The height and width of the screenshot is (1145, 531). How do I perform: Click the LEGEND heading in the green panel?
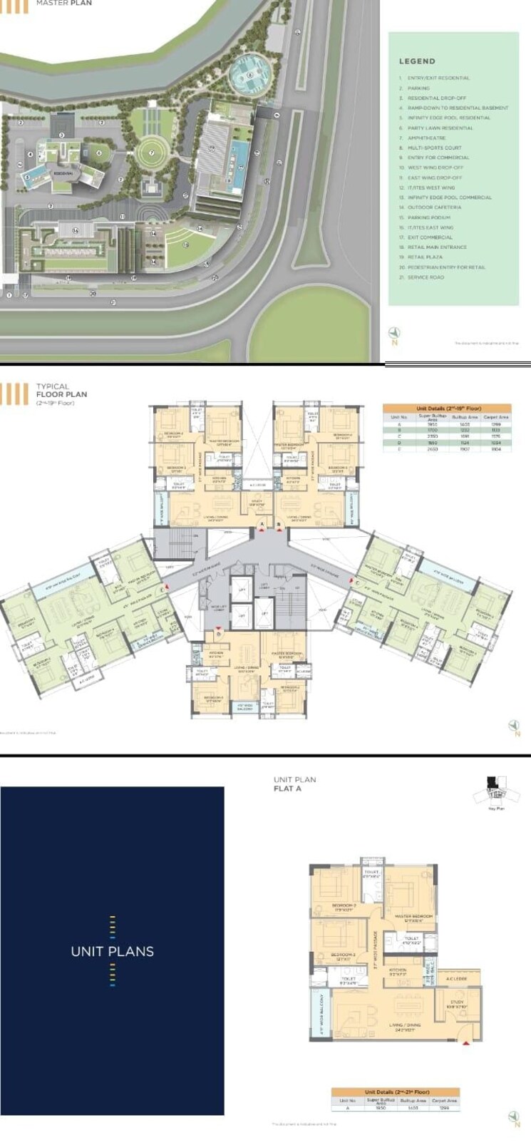[x=417, y=61]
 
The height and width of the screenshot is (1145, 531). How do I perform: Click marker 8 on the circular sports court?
[x=249, y=74]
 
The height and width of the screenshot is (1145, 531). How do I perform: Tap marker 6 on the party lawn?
[x=99, y=152]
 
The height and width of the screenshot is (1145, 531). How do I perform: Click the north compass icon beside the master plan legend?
[x=394, y=333]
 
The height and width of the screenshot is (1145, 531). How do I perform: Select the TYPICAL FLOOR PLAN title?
[x=61, y=390]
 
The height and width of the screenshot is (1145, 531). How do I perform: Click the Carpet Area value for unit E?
[x=495, y=450]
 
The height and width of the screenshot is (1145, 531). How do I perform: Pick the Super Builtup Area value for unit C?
[x=432, y=436]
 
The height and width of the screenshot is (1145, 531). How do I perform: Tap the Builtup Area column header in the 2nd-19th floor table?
[x=465, y=417]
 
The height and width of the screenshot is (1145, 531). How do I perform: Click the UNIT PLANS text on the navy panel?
[x=112, y=951]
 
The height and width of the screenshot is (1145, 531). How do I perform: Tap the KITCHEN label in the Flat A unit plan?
[x=397, y=970]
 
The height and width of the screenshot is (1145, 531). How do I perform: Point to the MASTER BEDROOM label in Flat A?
[x=413, y=917]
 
